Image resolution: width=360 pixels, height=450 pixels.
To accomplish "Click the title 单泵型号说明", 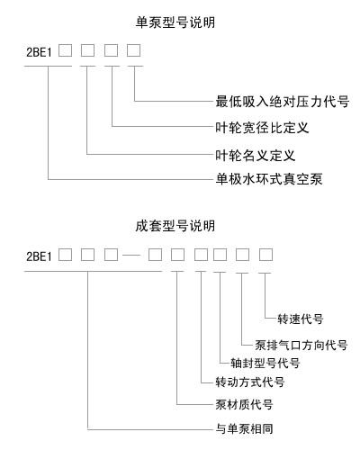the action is point(175,22).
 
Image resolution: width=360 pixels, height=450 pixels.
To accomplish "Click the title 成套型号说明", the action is point(175,226).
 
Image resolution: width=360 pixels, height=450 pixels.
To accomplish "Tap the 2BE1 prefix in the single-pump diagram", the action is point(39,52).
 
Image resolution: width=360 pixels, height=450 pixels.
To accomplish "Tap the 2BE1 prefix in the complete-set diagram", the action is point(39,256).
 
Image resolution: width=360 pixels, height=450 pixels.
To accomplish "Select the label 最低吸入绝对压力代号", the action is point(283,102).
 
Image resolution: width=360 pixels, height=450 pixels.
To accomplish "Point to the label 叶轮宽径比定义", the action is point(262,128).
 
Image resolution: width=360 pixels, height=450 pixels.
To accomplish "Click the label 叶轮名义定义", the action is point(256,155).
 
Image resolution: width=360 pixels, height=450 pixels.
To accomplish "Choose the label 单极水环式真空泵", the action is point(269,179).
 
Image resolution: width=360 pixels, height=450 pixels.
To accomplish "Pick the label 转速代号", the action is point(301,319).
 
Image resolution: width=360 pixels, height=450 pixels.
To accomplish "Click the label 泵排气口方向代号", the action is point(301,345).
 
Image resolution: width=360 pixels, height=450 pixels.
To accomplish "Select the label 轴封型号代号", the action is point(265,363).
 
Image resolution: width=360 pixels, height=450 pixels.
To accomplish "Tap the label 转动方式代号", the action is point(250,382).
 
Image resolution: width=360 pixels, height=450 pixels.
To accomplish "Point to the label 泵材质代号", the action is point(244,404).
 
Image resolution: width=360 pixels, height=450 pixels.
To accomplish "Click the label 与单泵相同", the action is point(244,428).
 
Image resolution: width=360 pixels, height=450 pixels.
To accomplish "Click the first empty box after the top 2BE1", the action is point(65,50).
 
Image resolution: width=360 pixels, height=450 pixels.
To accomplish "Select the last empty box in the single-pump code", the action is point(133,50).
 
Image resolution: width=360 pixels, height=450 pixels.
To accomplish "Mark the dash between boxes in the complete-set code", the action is point(131,256).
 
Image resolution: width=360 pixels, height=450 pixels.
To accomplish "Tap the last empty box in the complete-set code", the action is point(265,255).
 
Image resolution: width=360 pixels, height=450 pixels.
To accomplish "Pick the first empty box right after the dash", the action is point(156,255).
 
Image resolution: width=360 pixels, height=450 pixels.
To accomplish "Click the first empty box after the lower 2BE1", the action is point(65,255).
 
